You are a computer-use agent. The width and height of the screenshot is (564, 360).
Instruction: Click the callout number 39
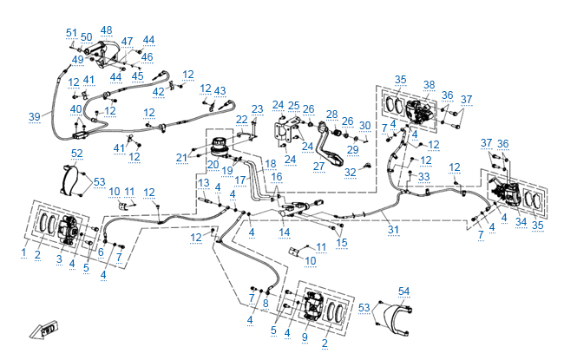pyautogui.click(x=34, y=116)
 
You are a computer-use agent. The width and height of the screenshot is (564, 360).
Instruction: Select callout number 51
pyautogui.click(x=71, y=32)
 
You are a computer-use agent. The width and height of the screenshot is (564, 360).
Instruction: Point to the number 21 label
pyautogui.click(x=181, y=157)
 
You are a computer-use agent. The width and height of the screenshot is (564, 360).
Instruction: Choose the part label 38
pyautogui.click(x=429, y=85)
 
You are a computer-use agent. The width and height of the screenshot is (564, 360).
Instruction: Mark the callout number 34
pyautogui.click(x=521, y=222)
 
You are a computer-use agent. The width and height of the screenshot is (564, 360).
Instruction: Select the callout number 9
pyautogui.click(x=305, y=337)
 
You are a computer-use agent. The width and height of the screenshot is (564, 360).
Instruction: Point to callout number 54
pyautogui.click(x=403, y=291)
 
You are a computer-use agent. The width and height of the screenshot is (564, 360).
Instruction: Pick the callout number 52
pyautogui.click(x=77, y=154)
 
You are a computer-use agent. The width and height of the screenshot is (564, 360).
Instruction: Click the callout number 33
pyautogui.click(x=424, y=176)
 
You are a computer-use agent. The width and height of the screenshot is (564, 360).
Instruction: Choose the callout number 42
pyautogui.click(x=158, y=92)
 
